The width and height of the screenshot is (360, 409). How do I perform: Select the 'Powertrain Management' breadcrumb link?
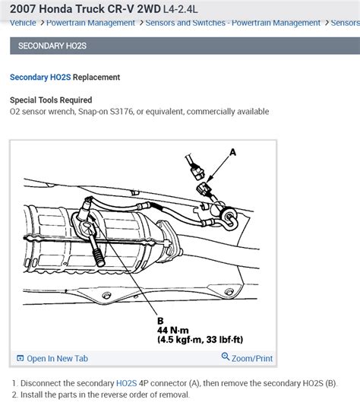pyautogui.click(x=90, y=23)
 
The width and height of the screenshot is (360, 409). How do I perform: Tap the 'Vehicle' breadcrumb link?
pyautogui.click(x=23, y=23)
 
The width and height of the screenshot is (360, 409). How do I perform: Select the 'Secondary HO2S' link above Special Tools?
pyautogui.click(x=39, y=77)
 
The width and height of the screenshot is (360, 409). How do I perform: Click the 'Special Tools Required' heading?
pyautogui.click(x=51, y=100)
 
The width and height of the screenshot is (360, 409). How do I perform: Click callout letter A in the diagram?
pyautogui.click(x=233, y=152)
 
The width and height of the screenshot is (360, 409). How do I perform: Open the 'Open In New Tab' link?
pyautogui.click(x=57, y=358)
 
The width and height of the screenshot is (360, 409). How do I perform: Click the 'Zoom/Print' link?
pyautogui.click(x=252, y=358)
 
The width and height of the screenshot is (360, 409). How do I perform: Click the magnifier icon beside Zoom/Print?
pyautogui.click(x=226, y=358)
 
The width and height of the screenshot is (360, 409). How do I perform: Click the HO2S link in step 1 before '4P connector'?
pyautogui.click(x=127, y=382)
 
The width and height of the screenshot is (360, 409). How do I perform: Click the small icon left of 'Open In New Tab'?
pyautogui.click(x=20, y=358)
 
